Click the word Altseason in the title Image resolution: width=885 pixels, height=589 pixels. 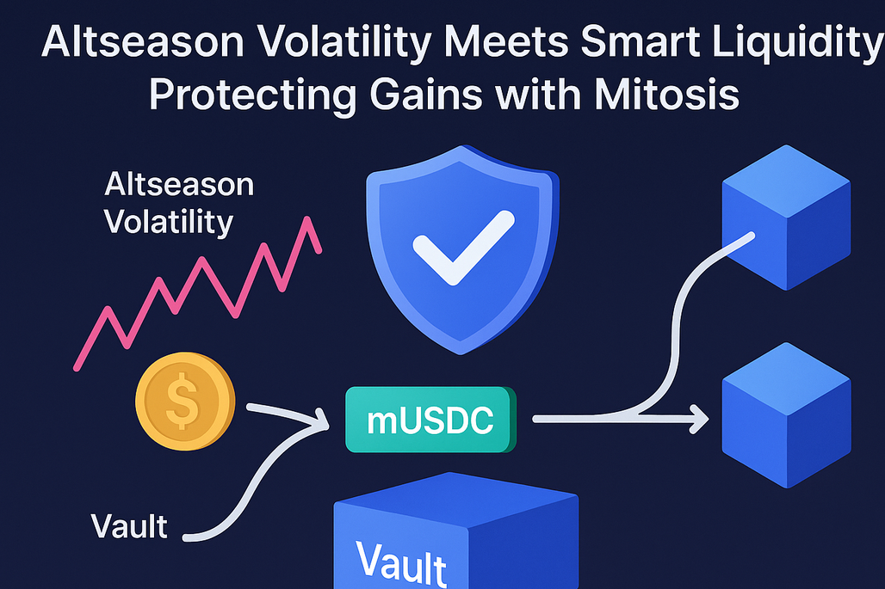(143, 42)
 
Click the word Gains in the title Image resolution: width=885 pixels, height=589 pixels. (426, 94)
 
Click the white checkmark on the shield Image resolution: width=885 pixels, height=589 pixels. (464, 248)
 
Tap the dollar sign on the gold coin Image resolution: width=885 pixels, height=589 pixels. (183, 401)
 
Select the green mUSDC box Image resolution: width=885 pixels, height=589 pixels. (430, 420)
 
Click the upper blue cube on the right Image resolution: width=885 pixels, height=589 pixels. (786, 218)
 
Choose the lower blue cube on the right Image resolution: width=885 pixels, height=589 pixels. (786, 415)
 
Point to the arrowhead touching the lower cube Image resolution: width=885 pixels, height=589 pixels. (701, 419)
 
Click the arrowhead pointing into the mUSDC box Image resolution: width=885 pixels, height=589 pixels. (322, 420)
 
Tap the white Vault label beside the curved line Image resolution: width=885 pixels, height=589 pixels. (129, 526)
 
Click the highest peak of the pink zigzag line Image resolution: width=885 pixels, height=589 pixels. (308, 219)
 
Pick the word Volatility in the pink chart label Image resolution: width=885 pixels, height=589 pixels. (169, 223)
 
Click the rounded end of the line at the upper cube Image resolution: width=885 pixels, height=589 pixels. (751, 236)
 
